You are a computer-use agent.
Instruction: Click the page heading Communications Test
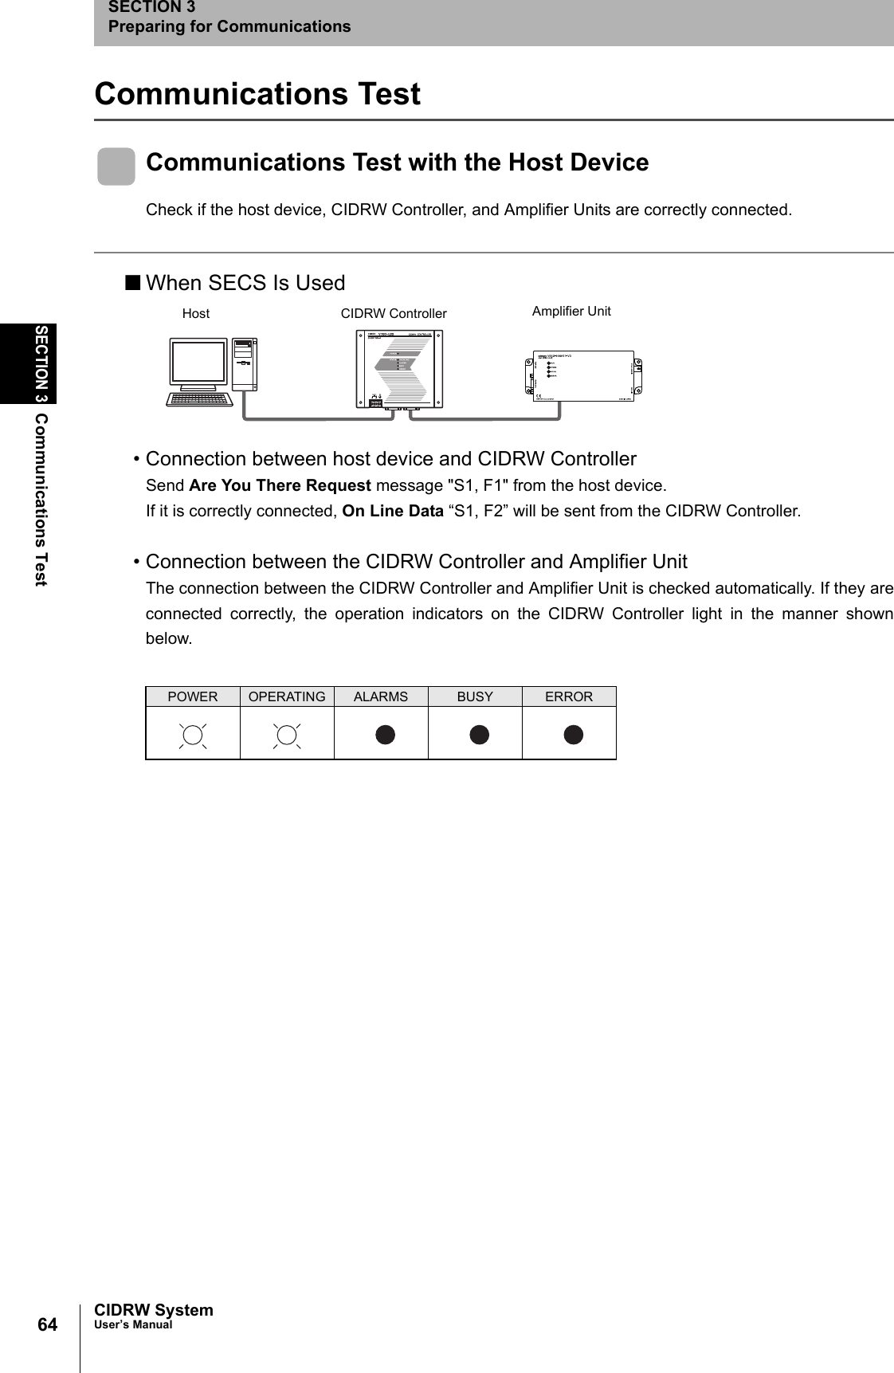pos(257,94)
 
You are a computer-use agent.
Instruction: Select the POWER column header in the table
pos(192,696)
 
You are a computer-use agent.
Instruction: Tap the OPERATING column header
pos(287,696)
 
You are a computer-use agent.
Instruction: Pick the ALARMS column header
pos(381,696)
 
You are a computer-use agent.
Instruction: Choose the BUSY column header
pos(475,696)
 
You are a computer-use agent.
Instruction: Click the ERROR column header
pos(569,696)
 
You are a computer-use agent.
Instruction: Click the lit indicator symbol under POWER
pos(193,735)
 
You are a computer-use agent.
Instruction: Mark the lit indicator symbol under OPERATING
pos(287,735)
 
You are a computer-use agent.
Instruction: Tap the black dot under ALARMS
pos(385,735)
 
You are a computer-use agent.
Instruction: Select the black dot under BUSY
pos(479,735)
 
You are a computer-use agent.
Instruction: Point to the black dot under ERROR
pos(573,735)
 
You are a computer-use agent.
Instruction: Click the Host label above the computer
pos(196,314)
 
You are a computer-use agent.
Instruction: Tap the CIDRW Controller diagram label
pos(394,314)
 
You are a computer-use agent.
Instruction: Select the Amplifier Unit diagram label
pos(571,312)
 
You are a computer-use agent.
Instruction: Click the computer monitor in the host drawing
pos(198,364)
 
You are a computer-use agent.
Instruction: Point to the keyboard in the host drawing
pos(199,398)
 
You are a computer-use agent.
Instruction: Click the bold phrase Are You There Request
pos(280,485)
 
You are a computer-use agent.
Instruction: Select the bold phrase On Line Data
pos(392,511)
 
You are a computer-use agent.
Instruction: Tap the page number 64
pos(48,1324)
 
